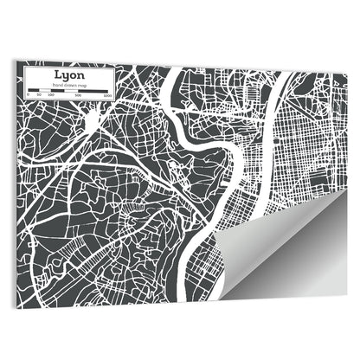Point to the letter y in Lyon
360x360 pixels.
(x=66, y=76)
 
